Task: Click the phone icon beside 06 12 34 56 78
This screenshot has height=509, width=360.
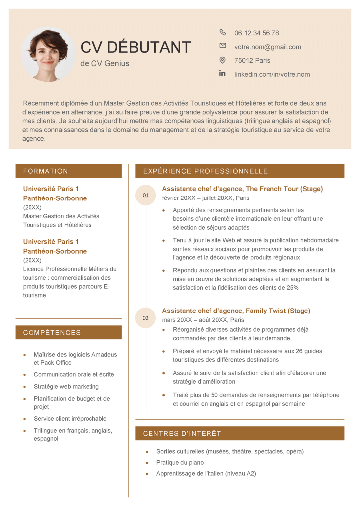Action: click(223, 32)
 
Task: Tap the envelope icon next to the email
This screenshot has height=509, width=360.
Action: click(223, 46)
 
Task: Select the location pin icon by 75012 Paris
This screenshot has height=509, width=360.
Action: click(223, 60)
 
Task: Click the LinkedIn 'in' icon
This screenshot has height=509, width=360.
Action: click(222, 73)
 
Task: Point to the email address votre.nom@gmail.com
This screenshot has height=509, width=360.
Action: click(268, 47)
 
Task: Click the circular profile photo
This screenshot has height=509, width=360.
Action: click(48, 54)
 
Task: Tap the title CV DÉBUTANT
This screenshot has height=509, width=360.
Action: click(136, 47)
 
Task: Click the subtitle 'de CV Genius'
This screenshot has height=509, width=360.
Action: click(105, 63)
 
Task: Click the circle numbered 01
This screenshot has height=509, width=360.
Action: click(146, 195)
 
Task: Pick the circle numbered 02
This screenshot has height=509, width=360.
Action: click(146, 318)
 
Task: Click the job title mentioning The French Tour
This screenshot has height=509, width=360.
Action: click(242, 189)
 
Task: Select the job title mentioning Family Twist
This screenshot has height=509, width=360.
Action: click(236, 311)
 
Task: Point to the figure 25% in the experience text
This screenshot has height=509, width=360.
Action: click(293, 288)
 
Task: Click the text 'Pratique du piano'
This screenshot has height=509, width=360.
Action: click(180, 462)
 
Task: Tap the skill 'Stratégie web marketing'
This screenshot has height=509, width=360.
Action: click(66, 387)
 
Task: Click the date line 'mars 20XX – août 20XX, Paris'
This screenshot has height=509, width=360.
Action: click(203, 320)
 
